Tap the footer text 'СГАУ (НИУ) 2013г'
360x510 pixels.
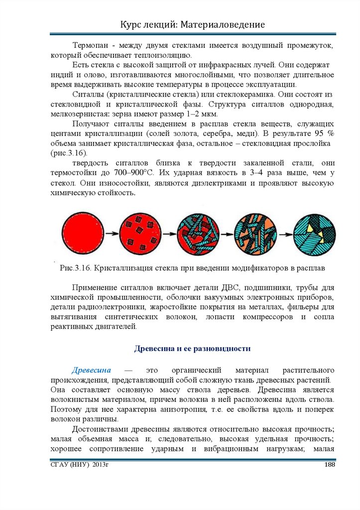[x=79, y=465]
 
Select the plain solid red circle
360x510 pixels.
[x=83, y=234]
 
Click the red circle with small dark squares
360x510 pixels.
[x=141, y=234]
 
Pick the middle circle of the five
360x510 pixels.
[x=198, y=234]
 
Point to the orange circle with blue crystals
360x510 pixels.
[x=256, y=234]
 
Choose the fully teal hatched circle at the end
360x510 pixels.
[x=314, y=234]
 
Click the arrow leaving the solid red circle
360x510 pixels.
[x=112, y=234]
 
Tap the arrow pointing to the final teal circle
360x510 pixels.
[x=285, y=234]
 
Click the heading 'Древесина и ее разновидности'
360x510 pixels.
[x=192, y=349]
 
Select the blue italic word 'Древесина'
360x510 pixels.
[x=91, y=371]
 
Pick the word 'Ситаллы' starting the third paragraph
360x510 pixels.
[x=87, y=95]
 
